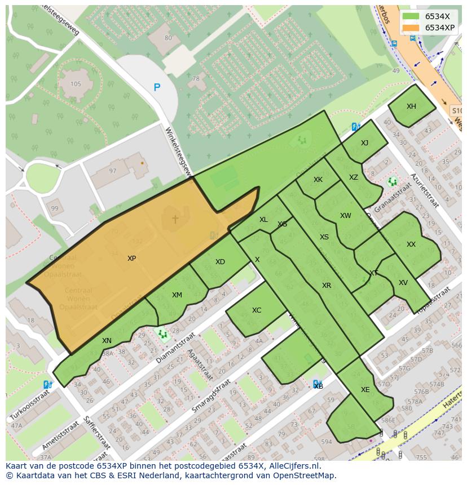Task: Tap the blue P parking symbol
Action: [x=157, y=87]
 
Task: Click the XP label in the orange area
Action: [x=131, y=259]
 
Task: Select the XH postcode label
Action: [x=411, y=106]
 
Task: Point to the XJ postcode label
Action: [x=364, y=143]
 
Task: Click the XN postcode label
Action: [x=107, y=341]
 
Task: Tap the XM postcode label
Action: [x=177, y=295]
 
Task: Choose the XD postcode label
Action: [x=220, y=262]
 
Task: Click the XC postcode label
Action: [x=257, y=310]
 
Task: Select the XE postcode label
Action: [x=365, y=390]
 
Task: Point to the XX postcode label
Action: [x=411, y=244]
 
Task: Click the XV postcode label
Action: [x=403, y=283]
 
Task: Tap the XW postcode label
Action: [x=345, y=216]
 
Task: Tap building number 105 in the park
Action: [x=76, y=84]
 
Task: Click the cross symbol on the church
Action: [x=175, y=219]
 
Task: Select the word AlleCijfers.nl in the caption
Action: [x=293, y=466]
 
